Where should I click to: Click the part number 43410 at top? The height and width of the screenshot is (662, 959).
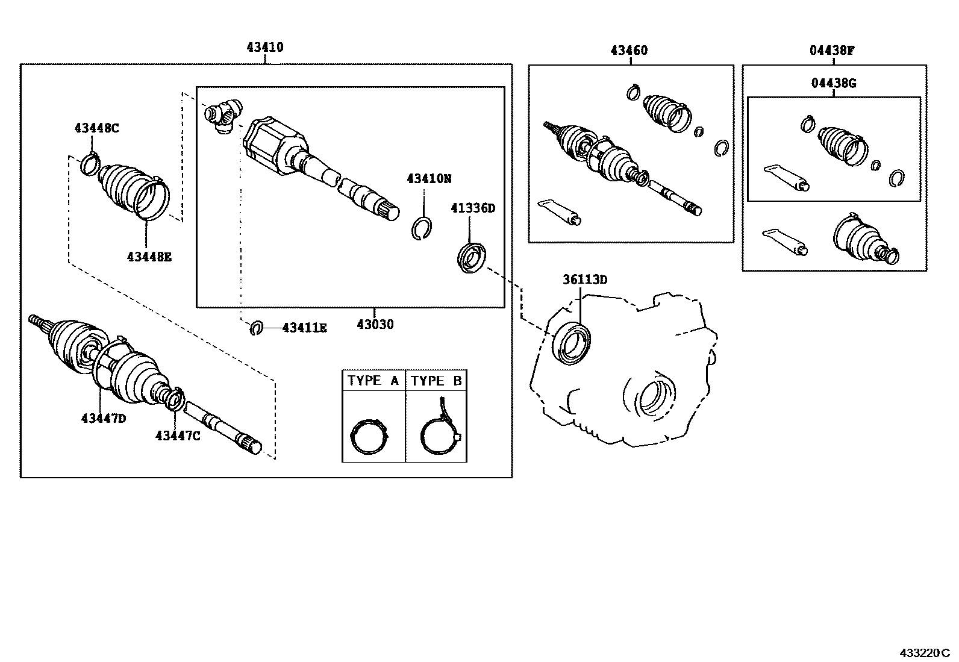[265, 47]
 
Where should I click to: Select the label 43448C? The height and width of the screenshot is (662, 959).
[97, 128]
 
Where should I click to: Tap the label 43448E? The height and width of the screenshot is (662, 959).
[149, 257]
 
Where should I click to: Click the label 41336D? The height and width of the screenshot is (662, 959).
[473, 208]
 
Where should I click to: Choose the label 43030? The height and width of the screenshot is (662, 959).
[375, 325]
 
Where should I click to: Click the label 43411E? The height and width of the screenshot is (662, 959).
[304, 328]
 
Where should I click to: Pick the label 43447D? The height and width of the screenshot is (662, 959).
[104, 418]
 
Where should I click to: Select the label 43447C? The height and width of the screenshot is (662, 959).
[178, 436]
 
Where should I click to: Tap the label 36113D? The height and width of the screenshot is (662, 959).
[585, 279]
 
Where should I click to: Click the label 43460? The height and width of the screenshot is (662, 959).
[629, 51]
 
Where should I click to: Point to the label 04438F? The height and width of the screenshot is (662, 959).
[832, 51]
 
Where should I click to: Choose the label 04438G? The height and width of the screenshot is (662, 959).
[834, 84]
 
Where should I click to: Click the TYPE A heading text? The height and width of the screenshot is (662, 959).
[373, 381]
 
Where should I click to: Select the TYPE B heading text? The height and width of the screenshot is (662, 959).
[436, 381]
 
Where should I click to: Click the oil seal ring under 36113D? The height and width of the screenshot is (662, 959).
[573, 343]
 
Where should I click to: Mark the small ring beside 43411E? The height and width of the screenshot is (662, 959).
[257, 328]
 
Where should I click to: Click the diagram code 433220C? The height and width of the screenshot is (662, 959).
[924, 653]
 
